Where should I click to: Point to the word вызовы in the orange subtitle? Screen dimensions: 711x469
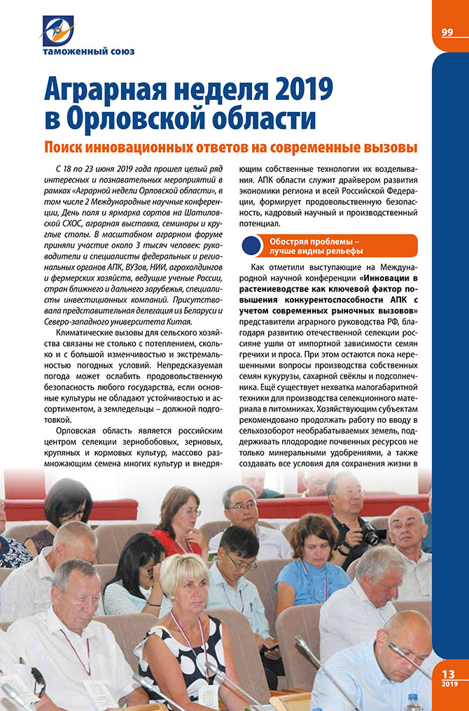pyautogui.click(x=388, y=148)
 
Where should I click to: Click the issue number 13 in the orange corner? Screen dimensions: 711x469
pyautogui.click(x=449, y=673)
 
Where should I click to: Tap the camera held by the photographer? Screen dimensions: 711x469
pyautogui.click(x=372, y=535)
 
